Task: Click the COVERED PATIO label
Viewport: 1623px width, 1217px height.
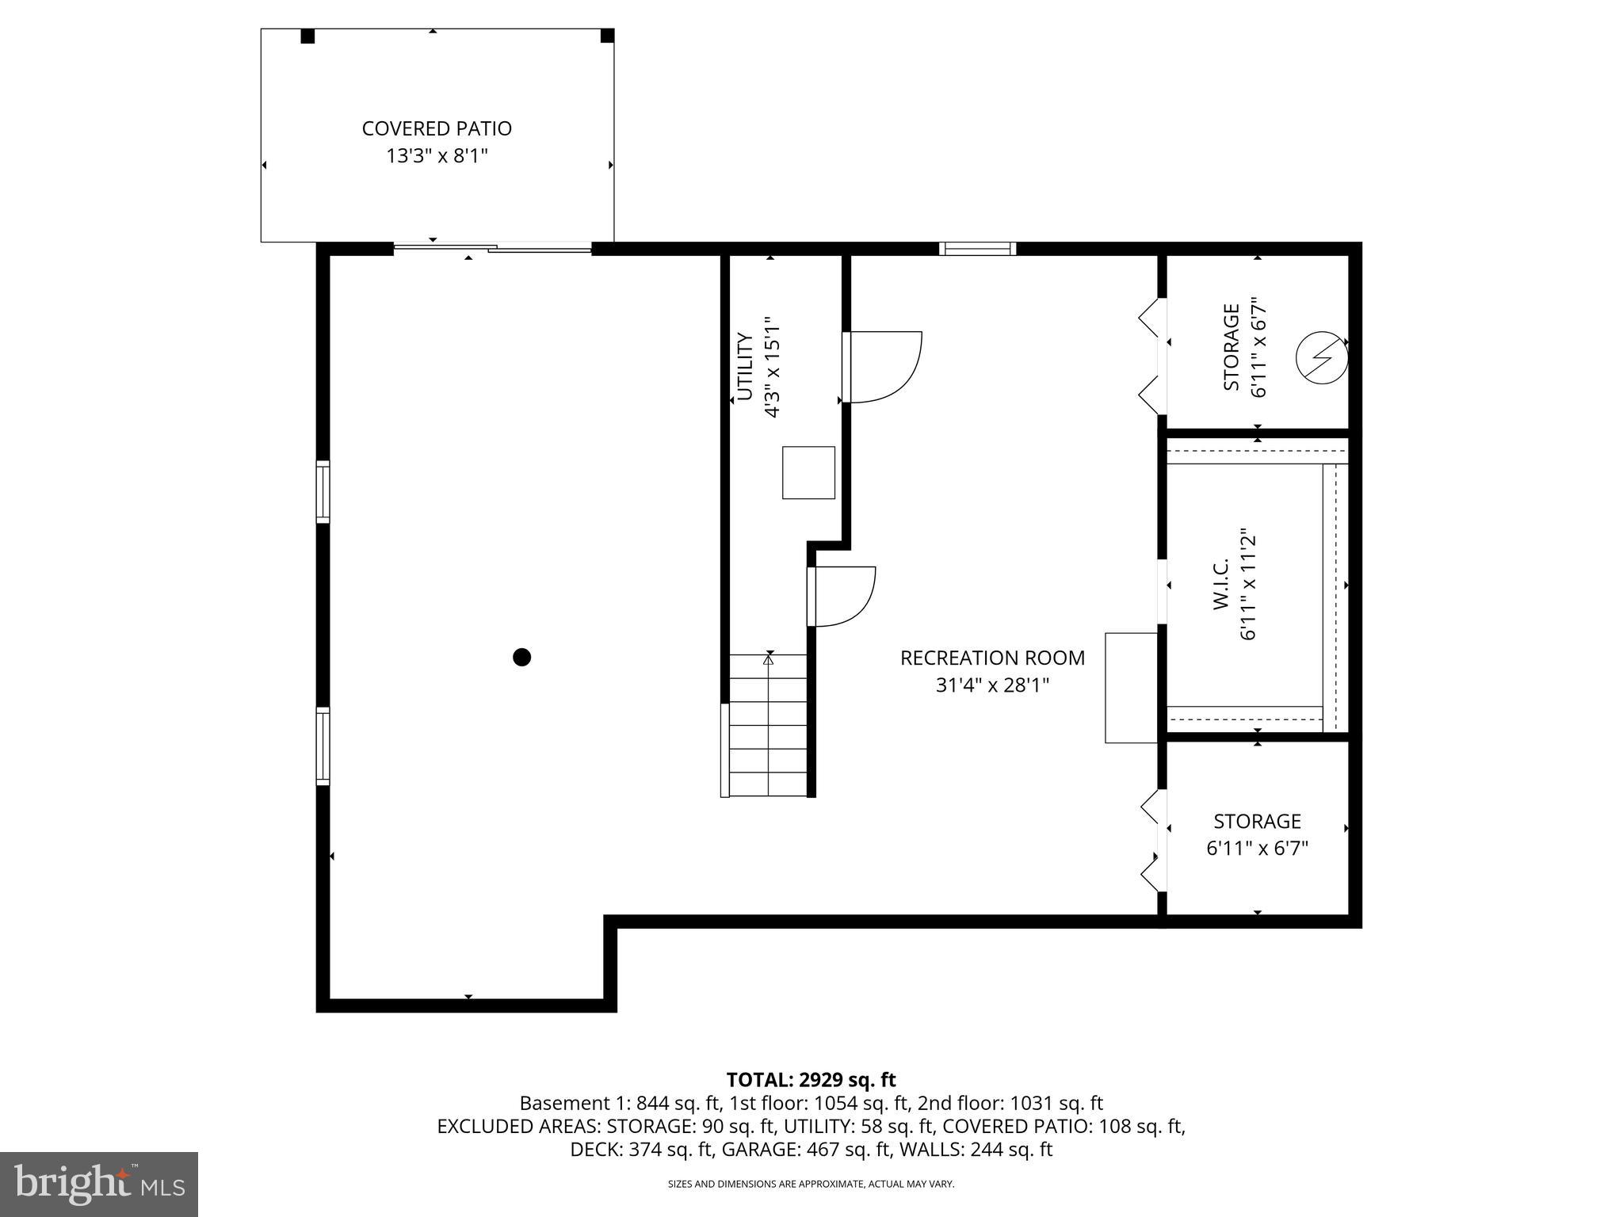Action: (x=437, y=128)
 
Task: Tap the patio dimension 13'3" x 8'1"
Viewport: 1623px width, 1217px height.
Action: (x=437, y=156)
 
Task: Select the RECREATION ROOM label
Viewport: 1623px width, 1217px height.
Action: (x=992, y=658)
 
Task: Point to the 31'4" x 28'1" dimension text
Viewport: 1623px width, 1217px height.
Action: (x=992, y=685)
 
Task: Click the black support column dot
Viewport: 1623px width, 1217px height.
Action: (x=521, y=657)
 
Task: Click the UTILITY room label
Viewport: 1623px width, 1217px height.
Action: (x=745, y=367)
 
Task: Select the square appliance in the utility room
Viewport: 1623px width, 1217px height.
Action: (x=808, y=473)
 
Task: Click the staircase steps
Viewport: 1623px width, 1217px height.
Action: (x=767, y=725)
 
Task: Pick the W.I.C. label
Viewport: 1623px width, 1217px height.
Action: (x=1220, y=584)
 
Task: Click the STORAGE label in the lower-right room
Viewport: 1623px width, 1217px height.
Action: (x=1257, y=821)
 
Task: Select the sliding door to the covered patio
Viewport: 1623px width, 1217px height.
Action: (x=493, y=249)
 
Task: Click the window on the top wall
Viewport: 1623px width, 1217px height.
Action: (x=977, y=249)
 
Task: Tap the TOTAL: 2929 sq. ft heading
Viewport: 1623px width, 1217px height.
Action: (x=811, y=1079)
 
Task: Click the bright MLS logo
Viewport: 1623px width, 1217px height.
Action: (x=99, y=1184)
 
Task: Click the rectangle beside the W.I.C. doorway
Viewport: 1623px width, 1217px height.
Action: (x=1131, y=688)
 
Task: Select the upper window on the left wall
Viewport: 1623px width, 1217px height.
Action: (x=323, y=491)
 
